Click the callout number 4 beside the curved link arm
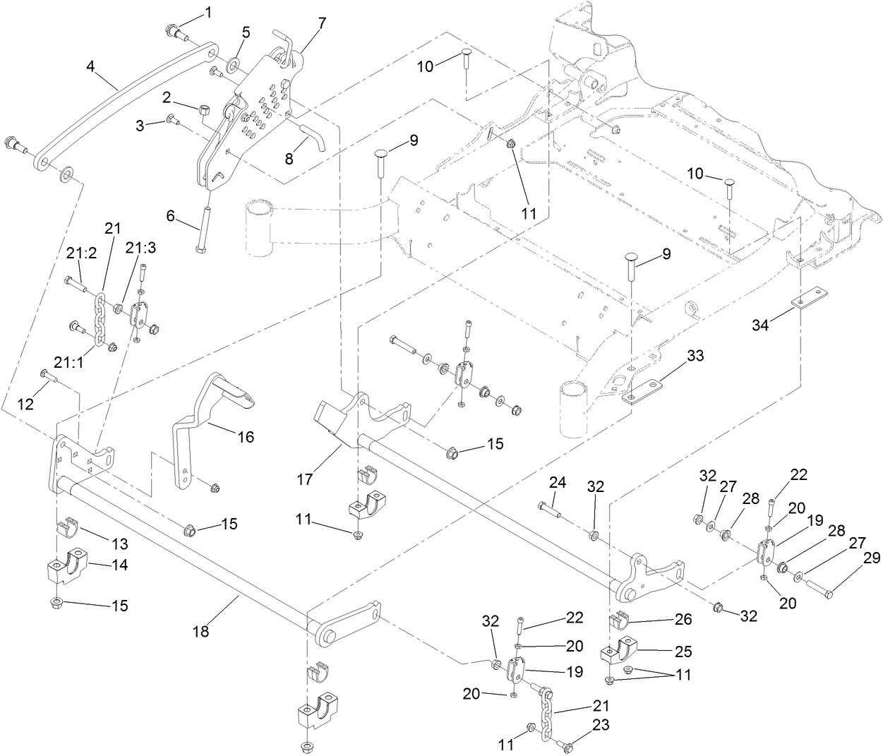coord(90,66)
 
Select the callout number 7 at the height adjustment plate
coord(322,23)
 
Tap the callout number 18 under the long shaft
coord(201,632)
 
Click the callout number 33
coord(695,356)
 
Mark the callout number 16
coord(245,437)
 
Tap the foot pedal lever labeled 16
coord(201,424)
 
